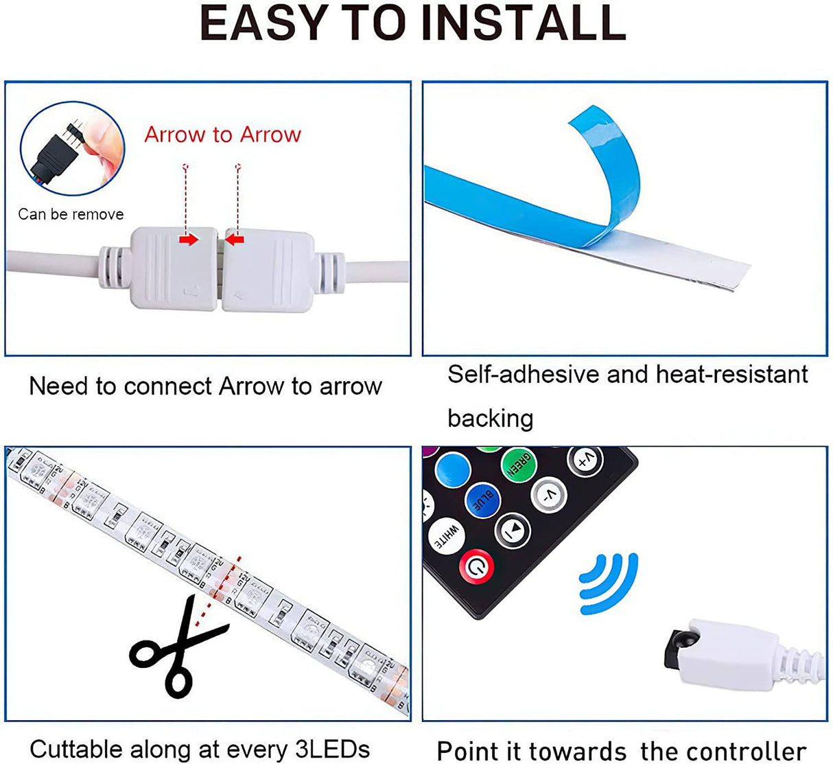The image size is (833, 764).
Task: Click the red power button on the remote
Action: [478, 566]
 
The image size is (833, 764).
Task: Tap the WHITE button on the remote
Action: [445, 535]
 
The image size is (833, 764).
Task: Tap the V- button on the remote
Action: [549, 494]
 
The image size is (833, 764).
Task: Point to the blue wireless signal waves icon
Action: [608, 583]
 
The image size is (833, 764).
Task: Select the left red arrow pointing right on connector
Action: [188, 240]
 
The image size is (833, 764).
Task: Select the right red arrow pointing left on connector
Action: [235, 240]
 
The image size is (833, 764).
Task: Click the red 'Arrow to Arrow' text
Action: [222, 135]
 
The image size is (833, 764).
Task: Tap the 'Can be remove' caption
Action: [71, 214]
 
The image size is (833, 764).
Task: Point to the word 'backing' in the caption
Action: [490, 418]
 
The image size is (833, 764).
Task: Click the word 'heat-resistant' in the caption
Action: [731, 375]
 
